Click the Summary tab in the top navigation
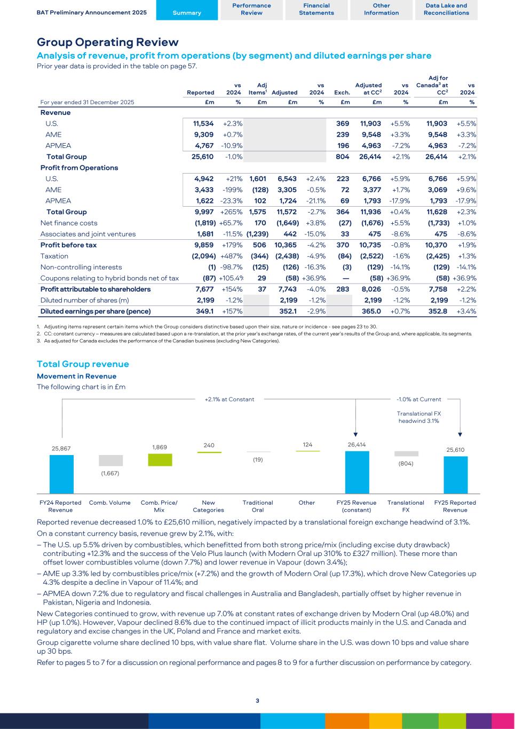click(187, 13)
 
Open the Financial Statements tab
click(316, 10)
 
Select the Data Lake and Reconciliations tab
click(446, 10)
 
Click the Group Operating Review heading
click(107, 42)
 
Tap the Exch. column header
click(342, 92)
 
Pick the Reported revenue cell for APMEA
click(203, 145)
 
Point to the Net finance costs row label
click(69, 223)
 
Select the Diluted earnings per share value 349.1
click(205, 311)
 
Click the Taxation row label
click(54, 256)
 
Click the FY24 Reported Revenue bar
click(61, 474)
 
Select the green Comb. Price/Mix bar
click(160, 460)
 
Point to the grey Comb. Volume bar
click(110, 460)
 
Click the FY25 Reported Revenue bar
click(455, 474)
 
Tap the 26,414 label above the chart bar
click(356, 444)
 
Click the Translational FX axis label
click(406, 506)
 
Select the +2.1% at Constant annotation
click(229, 399)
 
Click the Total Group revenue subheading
click(83, 364)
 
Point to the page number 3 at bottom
click(257, 701)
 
